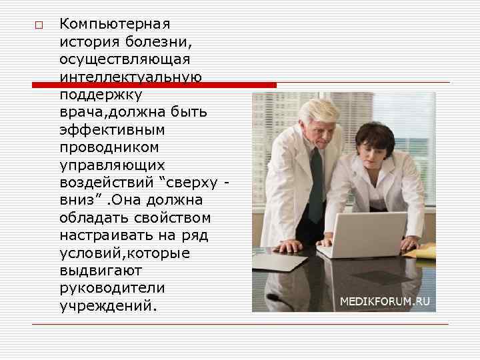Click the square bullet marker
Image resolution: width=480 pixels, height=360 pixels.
click(39, 25)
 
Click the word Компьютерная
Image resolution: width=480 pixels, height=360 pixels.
click(115, 24)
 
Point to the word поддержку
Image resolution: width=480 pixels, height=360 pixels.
click(100, 95)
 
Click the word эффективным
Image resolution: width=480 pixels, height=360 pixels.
click(112, 129)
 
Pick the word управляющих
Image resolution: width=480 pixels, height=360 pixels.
click(112, 165)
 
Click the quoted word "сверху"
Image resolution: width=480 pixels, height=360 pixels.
click(195, 182)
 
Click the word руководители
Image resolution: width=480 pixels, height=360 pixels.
click(112, 288)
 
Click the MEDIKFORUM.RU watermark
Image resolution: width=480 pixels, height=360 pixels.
click(385, 301)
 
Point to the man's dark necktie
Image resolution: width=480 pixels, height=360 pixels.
click(315, 187)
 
